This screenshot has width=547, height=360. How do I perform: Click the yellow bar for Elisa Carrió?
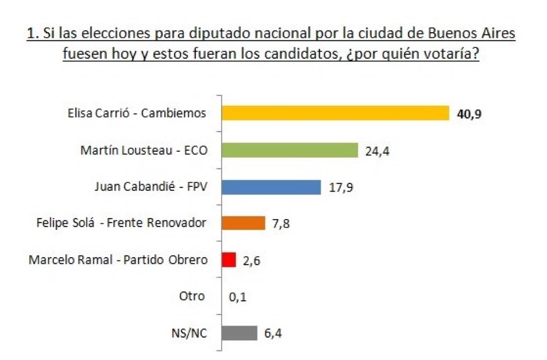(x=335, y=113)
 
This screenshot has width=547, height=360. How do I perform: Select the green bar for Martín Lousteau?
(x=290, y=150)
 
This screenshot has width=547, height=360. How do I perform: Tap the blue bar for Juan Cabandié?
(x=271, y=187)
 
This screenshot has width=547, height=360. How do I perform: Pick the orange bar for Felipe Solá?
(x=244, y=223)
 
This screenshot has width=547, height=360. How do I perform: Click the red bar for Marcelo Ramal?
(x=229, y=260)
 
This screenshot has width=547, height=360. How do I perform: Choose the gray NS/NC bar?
(x=240, y=333)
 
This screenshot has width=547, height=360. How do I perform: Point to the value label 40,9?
(x=468, y=114)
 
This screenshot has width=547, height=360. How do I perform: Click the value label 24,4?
(x=377, y=151)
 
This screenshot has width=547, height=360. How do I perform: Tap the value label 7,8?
(x=281, y=224)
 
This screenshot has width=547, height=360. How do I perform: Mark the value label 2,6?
(x=252, y=261)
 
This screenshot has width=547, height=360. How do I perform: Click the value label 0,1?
(x=238, y=297)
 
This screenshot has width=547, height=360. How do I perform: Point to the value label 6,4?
(x=273, y=334)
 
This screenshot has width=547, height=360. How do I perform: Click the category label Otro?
(x=192, y=297)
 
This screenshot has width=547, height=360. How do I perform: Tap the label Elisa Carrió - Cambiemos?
(x=137, y=113)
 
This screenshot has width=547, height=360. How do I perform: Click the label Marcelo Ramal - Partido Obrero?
(x=118, y=260)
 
